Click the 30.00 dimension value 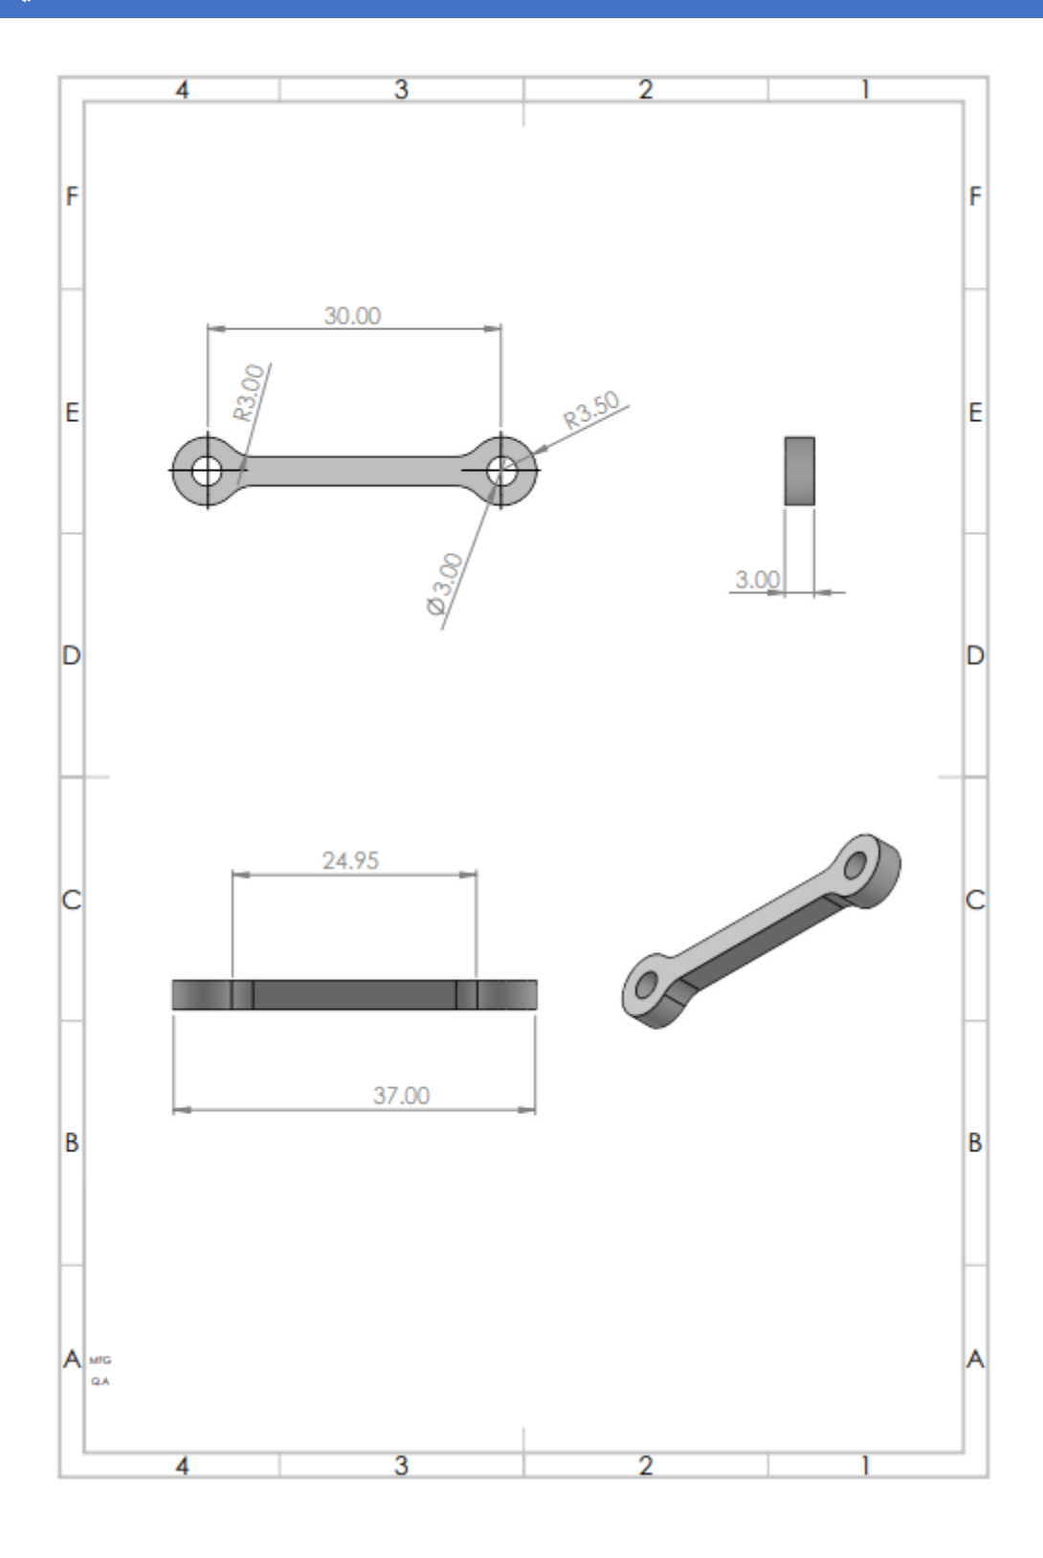pyautogui.click(x=352, y=316)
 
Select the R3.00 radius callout pyautogui.click(x=249, y=392)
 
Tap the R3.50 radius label pyautogui.click(x=591, y=411)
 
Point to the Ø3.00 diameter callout pyautogui.click(x=444, y=584)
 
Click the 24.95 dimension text pyautogui.click(x=350, y=860)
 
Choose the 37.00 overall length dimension pyautogui.click(x=401, y=1096)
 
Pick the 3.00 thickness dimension pyautogui.click(x=757, y=579)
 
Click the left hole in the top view pyautogui.click(x=207, y=471)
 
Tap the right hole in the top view pyautogui.click(x=501, y=471)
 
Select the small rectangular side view pyautogui.click(x=800, y=471)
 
